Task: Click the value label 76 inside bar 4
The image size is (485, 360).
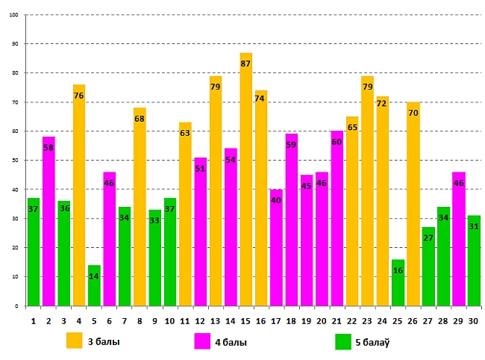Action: point(79,96)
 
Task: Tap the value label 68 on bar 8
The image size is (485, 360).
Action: point(140,119)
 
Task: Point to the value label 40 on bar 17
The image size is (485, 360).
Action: point(277,200)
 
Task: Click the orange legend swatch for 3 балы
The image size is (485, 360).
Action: point(74,341)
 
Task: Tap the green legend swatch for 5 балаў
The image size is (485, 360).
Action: point(343,341)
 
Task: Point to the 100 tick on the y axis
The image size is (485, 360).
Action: point(15,15)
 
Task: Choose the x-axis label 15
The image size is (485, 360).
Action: point(245,320)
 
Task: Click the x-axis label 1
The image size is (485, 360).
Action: point(34,320)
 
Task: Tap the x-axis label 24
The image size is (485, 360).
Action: point(383,320)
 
